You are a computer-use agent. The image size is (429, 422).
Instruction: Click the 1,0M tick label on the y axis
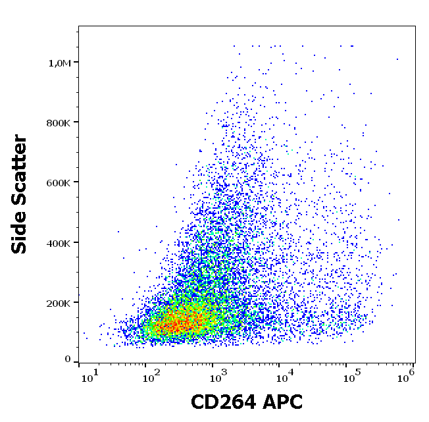tap(59, 63)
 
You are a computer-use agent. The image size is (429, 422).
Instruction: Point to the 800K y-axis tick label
tap(59, 122)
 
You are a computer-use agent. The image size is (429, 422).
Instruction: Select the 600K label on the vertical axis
tap(59, 182)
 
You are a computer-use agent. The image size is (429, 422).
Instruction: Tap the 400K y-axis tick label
tap(59, 243)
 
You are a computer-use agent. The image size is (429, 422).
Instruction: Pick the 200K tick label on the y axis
tap(59, 303)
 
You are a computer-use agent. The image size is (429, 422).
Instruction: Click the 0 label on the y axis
tap(68, 359)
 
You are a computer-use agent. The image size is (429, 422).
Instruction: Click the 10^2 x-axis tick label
tap(153, 376)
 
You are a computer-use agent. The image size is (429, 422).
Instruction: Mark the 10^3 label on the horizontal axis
tap(216, 376)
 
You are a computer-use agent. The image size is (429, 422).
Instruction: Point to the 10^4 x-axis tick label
tap(284, 376)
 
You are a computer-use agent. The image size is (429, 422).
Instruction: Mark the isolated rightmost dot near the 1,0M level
tap(397, 59)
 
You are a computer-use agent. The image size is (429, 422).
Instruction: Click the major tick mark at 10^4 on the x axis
tap(279, 364)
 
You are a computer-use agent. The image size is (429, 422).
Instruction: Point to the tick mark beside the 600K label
tap(76, 182)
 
